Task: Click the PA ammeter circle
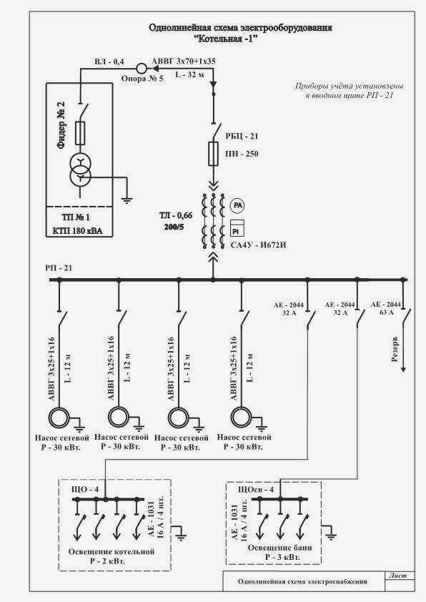(x=237, y=206)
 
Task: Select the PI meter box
(x=237, y=228)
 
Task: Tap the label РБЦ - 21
(x=242, y=137)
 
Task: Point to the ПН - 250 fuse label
(x=242, y=154)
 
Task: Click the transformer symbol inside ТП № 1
(x=80, y=171)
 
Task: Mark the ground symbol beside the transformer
(x=127, y=199)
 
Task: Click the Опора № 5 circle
(x=142, y=69)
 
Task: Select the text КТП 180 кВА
(x=77, y=231)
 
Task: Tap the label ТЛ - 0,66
(x=176, y=215)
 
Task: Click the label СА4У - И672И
(x=258, y=245)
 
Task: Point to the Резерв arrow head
(x=403, y=370)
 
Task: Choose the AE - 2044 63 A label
(x=386, y=308)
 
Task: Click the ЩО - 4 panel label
(x=85, y=490)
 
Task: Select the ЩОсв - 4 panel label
(x=256, y=490)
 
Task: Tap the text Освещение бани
(x=279, y=548)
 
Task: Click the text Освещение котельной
(x=112, y=552)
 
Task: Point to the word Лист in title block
(x=398, y=576)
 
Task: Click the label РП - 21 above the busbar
(x=59, y=268)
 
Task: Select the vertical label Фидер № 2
(x=61, y=125)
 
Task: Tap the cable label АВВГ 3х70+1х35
(x=184, y=61)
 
